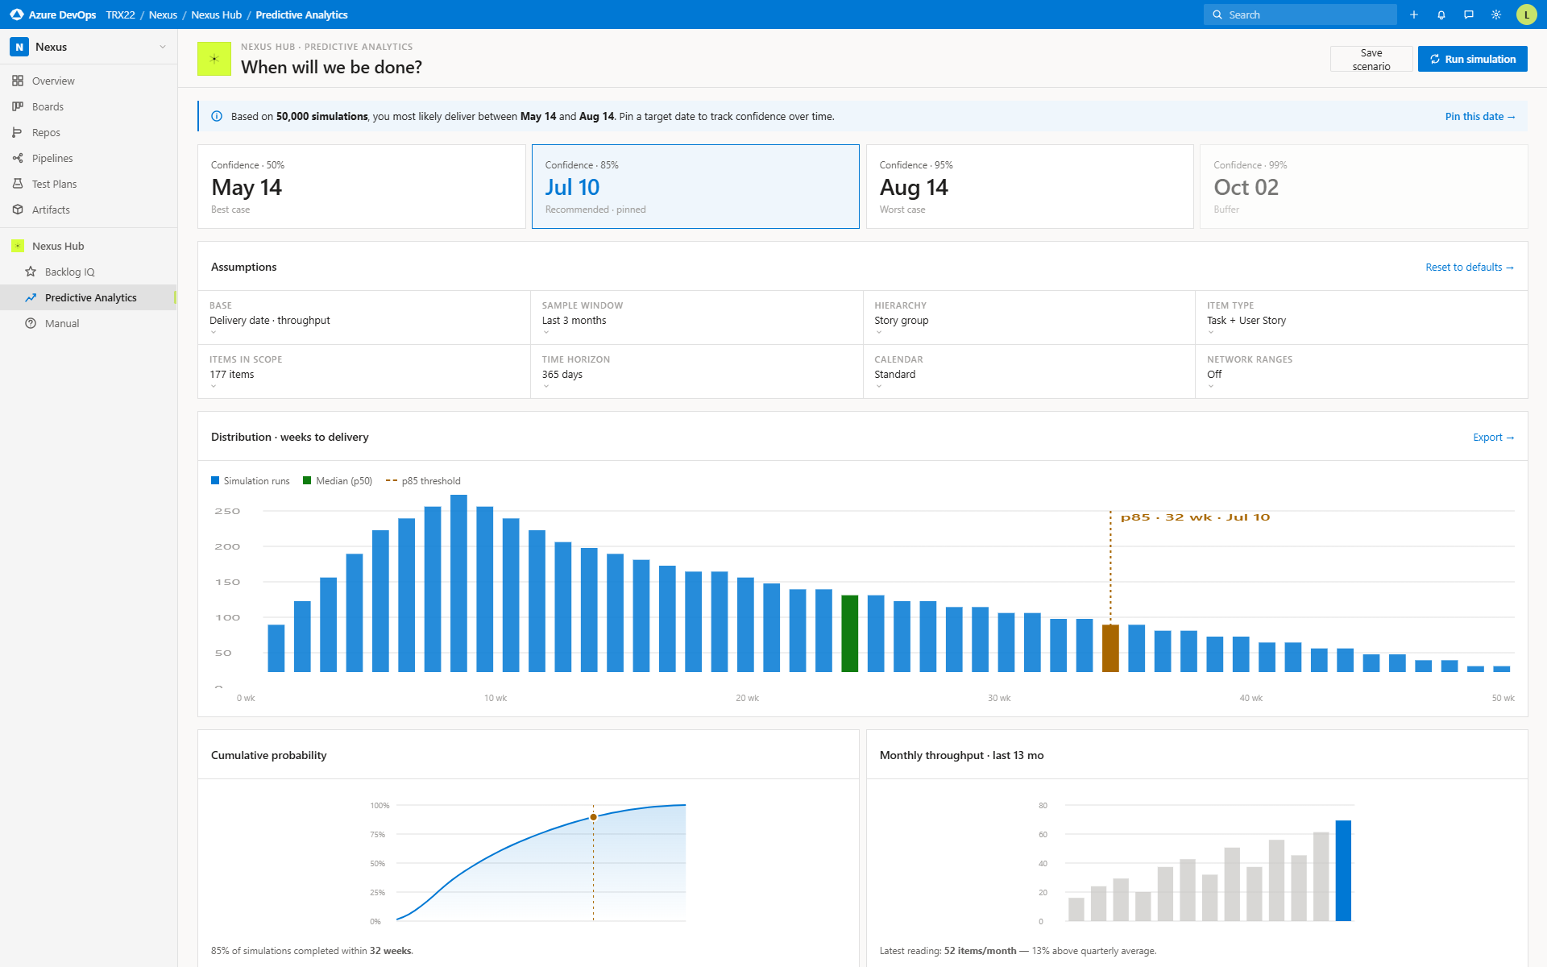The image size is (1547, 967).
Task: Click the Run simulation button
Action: pyautogui.click(x=1472, y=59)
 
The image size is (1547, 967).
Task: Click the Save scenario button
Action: pyautogui.click(x=1371, y=59)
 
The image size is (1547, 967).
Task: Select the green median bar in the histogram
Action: pyautogui.click(x=849, y=633)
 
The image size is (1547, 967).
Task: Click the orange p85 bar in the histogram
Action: pyautogui.click(x=1110, y=648)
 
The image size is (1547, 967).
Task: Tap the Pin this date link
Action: pyautogui.click(x=1479, y=116)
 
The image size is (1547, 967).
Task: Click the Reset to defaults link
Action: pyautogui.click(x=1469, y=267)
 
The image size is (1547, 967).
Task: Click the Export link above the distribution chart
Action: pyautogui.click(x=1493, y=437)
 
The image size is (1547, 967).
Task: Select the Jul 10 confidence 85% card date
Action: pyautogui.click(x=572, y=187)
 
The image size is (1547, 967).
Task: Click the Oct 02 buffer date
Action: pyautogui.click(x=1246, y=187)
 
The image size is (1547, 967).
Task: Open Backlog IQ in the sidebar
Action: pyautogui.click(x=69, y=272)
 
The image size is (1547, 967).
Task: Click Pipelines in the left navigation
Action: pyautogui.click(x=52, y=158)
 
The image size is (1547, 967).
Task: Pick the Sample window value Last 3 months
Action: pyautogui.click(x=574, y=320)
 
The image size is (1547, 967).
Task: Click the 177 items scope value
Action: pyautogui.click(x=232, y=374)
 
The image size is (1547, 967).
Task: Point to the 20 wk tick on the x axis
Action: pyautogui.click(x=747, y=698)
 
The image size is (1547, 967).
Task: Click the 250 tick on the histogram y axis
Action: pyautogui.click(x=227, y=511)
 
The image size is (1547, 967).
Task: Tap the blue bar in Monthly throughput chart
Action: pyautogui.click(x=1343, y=870)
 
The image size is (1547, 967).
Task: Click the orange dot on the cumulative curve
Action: pyautogui.click(x=594, y=817)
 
